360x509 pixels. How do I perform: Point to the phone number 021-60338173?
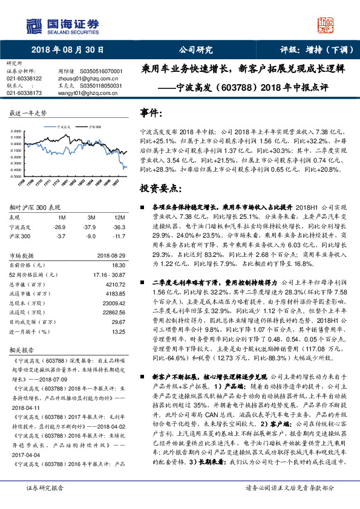(x=24, y=93)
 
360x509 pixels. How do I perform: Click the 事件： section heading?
(x=151, y=112)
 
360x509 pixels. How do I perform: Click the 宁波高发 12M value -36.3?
(x=120, y=227)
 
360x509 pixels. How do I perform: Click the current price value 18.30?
(x=119, y=265)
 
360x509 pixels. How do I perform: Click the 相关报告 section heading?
(x=23, y=350)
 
